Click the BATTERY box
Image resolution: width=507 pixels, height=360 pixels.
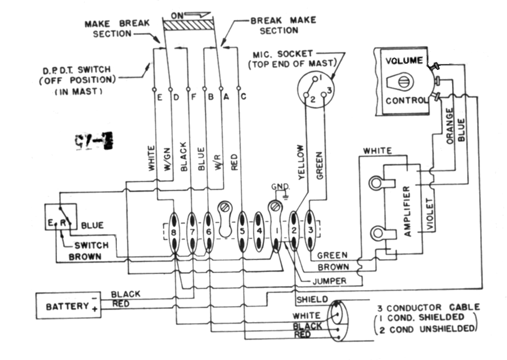[67, 306]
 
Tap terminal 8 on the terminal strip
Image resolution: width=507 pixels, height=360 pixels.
[173, 233]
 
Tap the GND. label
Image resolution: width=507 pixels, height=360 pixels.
[281, 187]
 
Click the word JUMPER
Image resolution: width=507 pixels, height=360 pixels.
[329, 281]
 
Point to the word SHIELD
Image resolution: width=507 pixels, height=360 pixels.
[312, 300]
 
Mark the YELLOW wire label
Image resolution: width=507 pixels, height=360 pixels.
[300, 162]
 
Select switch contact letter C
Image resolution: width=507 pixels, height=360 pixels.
[243, 97]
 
